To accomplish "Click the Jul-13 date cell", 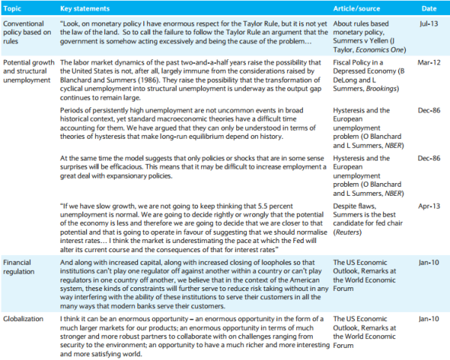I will pos(427,24).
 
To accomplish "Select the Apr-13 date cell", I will pos(427,203).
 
